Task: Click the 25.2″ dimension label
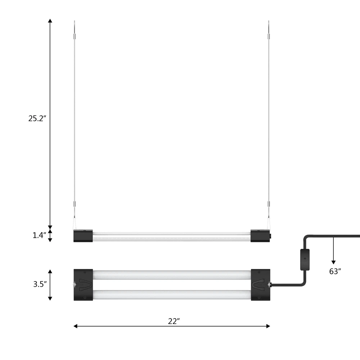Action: click(37, 118)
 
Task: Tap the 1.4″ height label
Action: click(39, 235)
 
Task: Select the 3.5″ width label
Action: click(40, 284)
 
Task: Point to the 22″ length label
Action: click(174, 321)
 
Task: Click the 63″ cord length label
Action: click(335, 271)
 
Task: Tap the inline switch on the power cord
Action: click(305, 260)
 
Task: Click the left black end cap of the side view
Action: click(83, 236)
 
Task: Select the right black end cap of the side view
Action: click(260, 236)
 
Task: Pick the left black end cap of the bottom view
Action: click(84, 285)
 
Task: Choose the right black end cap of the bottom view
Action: click(261, 285)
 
